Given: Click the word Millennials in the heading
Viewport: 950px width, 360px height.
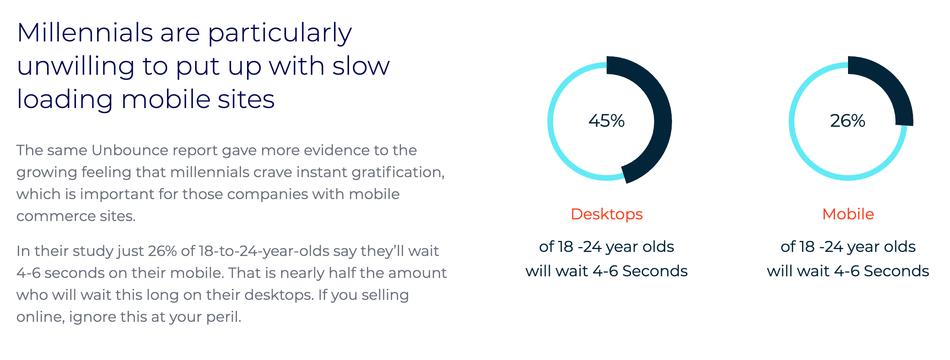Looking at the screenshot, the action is tap(85, 33).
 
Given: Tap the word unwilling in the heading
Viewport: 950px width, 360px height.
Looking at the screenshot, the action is tap(76, 66).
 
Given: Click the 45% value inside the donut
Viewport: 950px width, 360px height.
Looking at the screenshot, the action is tap(606, 121).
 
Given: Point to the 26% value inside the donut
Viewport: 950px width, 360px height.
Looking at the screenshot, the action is tap(848, 121).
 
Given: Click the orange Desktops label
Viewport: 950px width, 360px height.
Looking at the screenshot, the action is tap(607, 214).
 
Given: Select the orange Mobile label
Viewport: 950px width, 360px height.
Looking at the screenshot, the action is tap(848, 214).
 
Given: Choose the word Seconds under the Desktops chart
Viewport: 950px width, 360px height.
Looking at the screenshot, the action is tap(655, 271).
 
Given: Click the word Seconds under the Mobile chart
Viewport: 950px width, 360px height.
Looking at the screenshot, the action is tap(896, 271).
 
